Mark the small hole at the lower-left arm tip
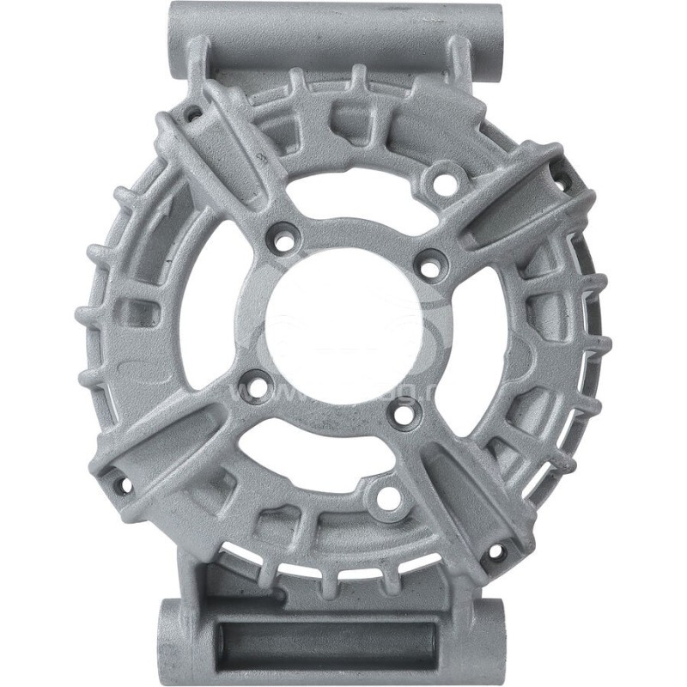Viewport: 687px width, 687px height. point(123,486)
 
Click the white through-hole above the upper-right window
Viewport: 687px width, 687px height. point(444,181)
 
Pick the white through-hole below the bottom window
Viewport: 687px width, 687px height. point(386,495)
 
